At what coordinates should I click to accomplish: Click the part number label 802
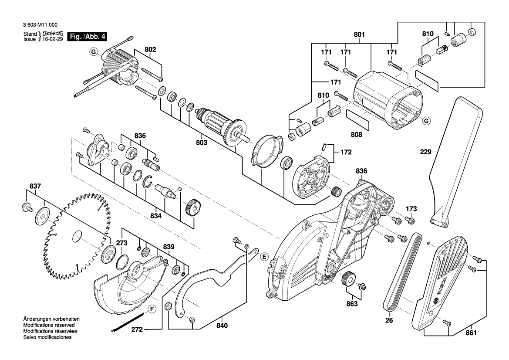(x=150, y=50)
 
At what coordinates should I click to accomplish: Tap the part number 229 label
(x=426, y=152)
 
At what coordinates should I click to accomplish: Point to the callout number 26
(x=389, y=320)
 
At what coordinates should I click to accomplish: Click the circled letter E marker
(x=264, y=257)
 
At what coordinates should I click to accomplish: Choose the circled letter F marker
(x=152, y=309)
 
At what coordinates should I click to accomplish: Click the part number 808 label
(x=356, y=135)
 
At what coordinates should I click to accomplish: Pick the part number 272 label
(x=137, y=330)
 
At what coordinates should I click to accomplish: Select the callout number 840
(x=222, y=326)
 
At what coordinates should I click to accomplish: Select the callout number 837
(x=35, y=187)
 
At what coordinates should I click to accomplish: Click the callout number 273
(x=121, y=242)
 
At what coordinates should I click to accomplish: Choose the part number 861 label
(x=471, y=333)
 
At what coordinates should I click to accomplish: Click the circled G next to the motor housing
(x=426, y=121)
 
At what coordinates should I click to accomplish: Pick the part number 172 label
(x=346, y=153)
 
